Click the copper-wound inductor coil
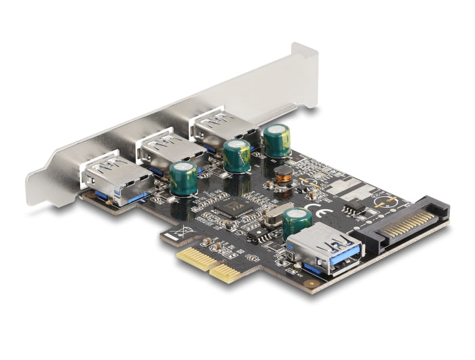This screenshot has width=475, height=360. [x=283, y=176]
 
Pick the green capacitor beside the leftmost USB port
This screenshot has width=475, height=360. [x=183, y=179]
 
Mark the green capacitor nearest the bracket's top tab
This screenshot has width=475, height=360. [x=277, y=141]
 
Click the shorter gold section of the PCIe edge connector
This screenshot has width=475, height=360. [x=226, y=272]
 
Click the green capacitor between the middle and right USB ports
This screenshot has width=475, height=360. [x=237, y=156]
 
